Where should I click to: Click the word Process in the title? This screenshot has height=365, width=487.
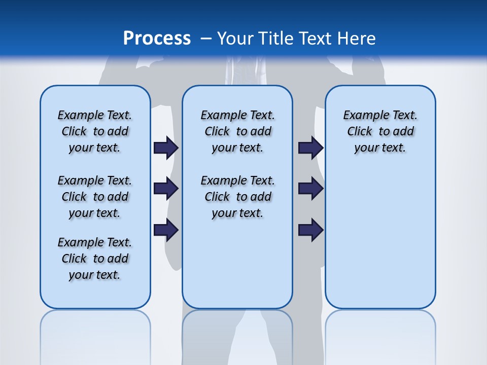pos(157,39)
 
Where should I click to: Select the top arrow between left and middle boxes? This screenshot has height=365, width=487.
pos(166,148)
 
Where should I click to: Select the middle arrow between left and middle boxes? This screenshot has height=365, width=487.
pos(166,189)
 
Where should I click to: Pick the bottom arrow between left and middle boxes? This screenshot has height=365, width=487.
pos(166,230)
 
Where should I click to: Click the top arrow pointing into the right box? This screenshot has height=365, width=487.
pos(310,148)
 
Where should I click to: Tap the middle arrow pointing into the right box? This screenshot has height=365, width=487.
pos(310,189)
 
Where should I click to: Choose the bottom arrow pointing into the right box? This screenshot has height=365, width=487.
pos(310,230)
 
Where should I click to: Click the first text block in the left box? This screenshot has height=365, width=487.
pos(95,131)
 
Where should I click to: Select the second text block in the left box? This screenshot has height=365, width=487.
pos(95,197)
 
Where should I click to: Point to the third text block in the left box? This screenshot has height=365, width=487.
pos(95,259)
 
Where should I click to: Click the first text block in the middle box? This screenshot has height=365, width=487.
pos(237,131)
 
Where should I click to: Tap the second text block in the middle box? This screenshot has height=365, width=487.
pos(237,197)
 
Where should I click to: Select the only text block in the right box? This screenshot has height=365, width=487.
pos(380,131)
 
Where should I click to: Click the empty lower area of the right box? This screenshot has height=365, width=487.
pos(380,243)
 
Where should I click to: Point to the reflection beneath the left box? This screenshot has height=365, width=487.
pos(95,335)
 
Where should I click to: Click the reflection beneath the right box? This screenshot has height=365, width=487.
pos(380,335)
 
